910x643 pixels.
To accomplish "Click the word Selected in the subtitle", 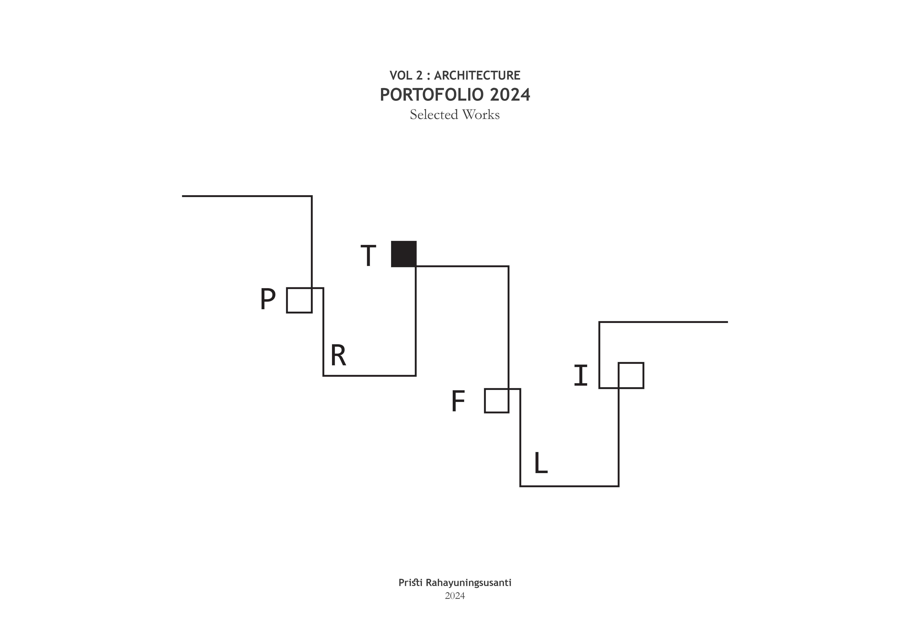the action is point(434,115).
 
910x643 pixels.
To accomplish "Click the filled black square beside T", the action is point(404,254).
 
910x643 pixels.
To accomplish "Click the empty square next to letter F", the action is point(497,401).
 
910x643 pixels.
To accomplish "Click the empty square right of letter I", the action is point(631,375).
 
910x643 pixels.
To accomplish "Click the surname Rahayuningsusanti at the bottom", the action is point(468,583).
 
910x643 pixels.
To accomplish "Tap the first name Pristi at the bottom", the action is point(410,583).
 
